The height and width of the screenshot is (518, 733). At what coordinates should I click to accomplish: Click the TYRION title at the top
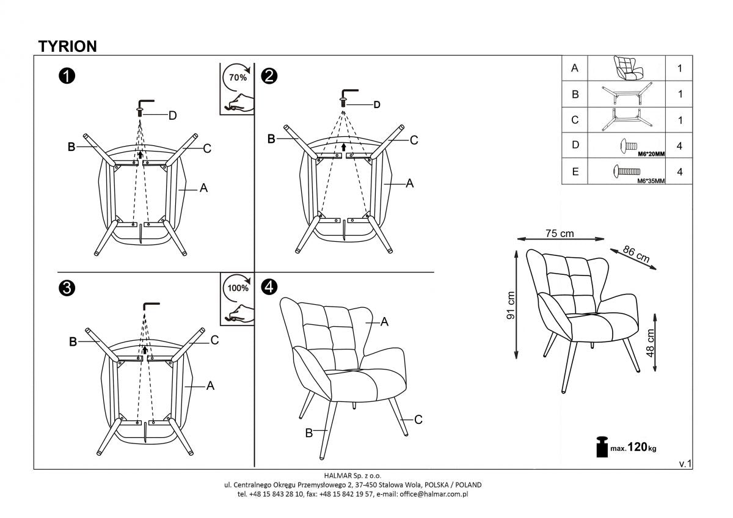coord(67,46)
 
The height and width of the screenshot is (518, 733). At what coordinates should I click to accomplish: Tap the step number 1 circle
coord(67,76)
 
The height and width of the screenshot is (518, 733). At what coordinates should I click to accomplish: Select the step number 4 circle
coord(269,286)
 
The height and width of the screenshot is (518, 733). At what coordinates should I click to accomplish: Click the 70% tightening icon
coord(237,88)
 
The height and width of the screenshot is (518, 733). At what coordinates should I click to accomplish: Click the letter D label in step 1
coord(172,115)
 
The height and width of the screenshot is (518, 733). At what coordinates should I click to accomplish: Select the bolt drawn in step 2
coord(343,98)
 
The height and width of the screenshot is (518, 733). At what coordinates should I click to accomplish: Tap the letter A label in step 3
coord(210,386)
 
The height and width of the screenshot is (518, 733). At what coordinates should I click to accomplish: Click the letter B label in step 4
coord(308,433)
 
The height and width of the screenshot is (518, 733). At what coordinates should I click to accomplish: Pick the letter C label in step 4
coord(418,420)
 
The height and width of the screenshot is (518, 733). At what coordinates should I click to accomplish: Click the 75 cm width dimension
coord(559,233)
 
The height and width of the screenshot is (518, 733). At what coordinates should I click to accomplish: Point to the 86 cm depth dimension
coord(636,254)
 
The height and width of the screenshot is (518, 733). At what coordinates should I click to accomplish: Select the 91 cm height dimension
coord(511,305)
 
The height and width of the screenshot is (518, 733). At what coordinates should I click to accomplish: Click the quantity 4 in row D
coord(679,146)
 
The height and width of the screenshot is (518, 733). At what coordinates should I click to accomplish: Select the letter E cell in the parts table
coord(574,172)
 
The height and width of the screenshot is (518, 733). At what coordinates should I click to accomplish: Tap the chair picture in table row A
coord(626,68)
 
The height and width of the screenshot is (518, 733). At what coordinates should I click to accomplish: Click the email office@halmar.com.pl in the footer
coord(433,494)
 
